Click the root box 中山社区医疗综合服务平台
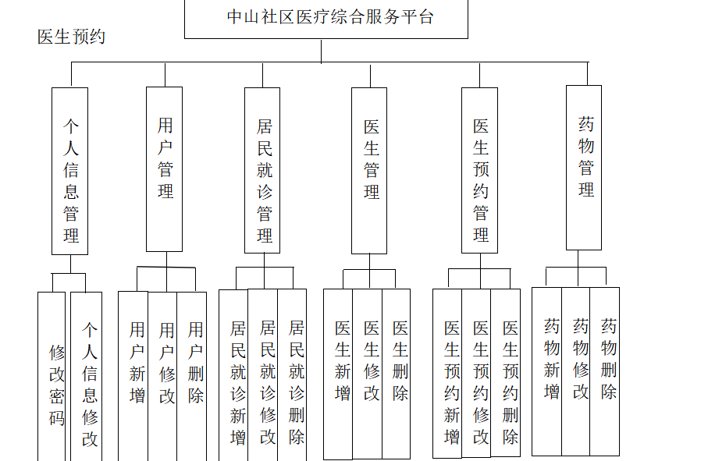pos(326,17)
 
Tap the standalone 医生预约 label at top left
pos(71,37)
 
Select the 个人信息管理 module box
pos(70,171)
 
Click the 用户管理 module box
pos(165,168)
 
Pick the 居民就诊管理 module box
pos(263,170)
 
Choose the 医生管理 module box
pos(370,170)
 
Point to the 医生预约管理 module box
pos(479,170)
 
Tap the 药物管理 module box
pos(585,168)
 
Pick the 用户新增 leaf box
pos(135,374)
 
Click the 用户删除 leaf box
pos(194,374)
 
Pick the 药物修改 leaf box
pos(578,371)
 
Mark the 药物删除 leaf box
pos(607,371)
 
